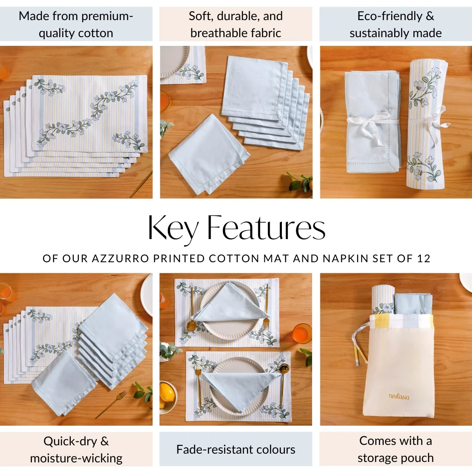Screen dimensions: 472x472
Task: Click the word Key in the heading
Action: pyautogui.click(x=173, y=229)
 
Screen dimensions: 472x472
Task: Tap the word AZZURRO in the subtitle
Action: pyautogui.click(x=120, y=258)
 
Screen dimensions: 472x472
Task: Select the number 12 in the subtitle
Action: pyautogui.click(x=424, y=258)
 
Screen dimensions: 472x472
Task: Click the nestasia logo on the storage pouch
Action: pyautogui.click(x=399, y=396)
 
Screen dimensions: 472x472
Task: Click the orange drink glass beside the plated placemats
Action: pyautogui.click(x=302, y=333)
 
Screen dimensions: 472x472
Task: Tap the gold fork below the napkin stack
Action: pyautogui.click(x=111, y=404)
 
